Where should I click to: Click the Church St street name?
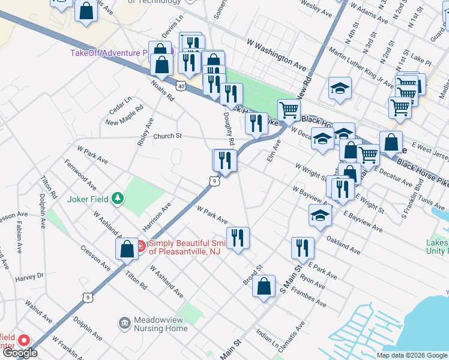[167, 136]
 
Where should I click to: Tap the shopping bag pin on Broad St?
[264, 286]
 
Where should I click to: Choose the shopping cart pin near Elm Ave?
[289, 110]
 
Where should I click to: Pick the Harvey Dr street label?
[29, 277]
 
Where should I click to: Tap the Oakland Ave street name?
[343, 244]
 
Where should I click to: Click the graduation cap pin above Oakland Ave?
[319, 215]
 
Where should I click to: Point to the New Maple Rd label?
[124, 115]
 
